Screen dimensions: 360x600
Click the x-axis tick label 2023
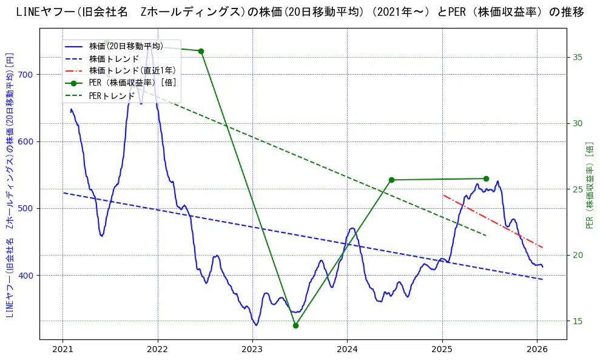coord(252,349)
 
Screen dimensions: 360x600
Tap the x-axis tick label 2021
coord(62,349)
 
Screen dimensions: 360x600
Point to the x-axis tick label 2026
coord(538,349)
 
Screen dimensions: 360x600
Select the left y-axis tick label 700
coord(28,75)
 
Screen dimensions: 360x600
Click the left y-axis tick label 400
coord(28,276)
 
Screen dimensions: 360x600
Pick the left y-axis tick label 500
coord(28,208)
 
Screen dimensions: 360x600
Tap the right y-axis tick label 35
coord(578,58)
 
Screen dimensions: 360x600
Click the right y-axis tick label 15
coord(578,321)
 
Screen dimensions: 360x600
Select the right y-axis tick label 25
coord(578,189)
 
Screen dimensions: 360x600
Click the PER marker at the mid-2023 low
coord(295,325)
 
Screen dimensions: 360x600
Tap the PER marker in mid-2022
coord(201,51)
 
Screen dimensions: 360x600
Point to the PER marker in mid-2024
coord(391,180)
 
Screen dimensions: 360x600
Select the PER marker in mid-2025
coord(486,178)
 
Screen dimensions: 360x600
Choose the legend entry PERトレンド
coord(112,95)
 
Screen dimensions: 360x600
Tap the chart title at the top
coord(300,12)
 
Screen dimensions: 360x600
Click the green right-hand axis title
coord(590,185)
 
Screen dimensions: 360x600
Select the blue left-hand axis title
coord(10,185)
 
